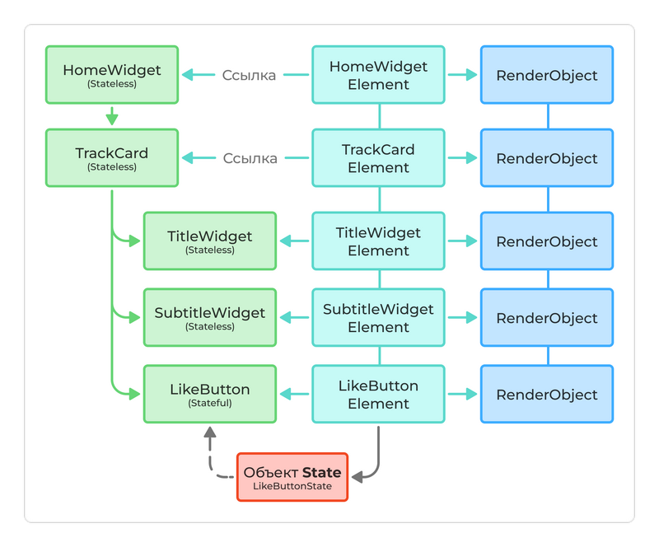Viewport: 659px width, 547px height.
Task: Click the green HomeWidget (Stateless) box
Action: (x=111, y=75)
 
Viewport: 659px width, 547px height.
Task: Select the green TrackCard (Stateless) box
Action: (x=111, y=158)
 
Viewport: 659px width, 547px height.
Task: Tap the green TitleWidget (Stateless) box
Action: (x=210, y=241)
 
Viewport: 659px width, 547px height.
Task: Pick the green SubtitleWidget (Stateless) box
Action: (x=210, y=317)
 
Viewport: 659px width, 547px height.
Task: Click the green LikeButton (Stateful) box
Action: (x=210, y=394)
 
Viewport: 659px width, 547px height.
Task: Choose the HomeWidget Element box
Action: (x=378, y=75)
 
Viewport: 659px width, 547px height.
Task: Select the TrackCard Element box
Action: (x=378, y=158)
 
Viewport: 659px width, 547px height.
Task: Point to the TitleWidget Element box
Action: (x=378, y=241)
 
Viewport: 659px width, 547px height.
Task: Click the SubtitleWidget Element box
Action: (x=378, y=317)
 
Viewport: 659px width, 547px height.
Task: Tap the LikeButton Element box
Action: (x=378, y=394)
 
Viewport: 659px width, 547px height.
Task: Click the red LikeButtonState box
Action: (x=292, y=477)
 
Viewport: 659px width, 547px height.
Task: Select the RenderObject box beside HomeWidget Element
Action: (x=547, y=75)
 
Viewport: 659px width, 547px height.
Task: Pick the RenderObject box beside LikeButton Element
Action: (x=547, y=394)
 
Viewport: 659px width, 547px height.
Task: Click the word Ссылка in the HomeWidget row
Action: (x=250, y=75)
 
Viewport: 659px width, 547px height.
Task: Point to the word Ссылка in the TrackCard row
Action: (x=250, y=158)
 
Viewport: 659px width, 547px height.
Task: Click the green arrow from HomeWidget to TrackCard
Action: (x=111, y=115)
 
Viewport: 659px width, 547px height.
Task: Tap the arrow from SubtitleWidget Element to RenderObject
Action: (x=462, y=317)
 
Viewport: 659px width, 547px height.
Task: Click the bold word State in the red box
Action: (x=321, y=473)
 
